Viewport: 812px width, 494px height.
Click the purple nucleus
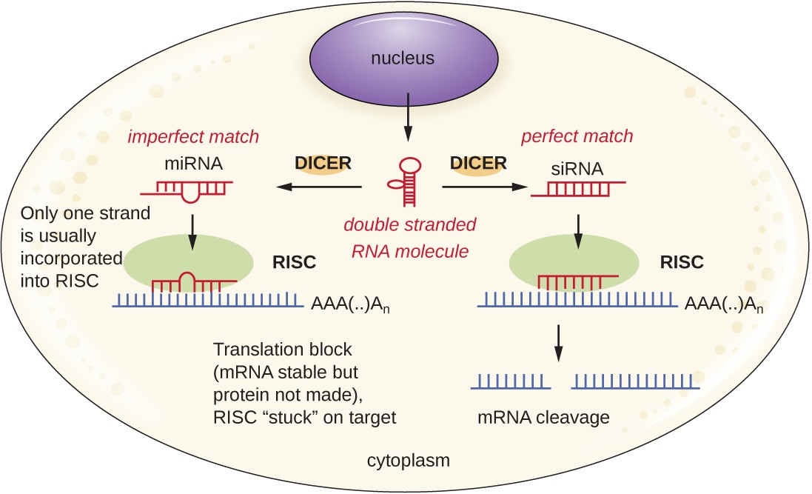(403, 59)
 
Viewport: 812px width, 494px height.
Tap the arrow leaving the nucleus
(406, 122)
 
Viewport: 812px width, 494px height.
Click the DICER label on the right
(480, 163)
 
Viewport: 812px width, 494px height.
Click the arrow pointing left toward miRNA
(318, 188)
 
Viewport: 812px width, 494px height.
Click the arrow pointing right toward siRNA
(484, 188)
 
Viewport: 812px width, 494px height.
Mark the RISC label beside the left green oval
(295, 262)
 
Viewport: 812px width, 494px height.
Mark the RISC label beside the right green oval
(682, 262)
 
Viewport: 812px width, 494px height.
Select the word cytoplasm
(409, 461)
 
